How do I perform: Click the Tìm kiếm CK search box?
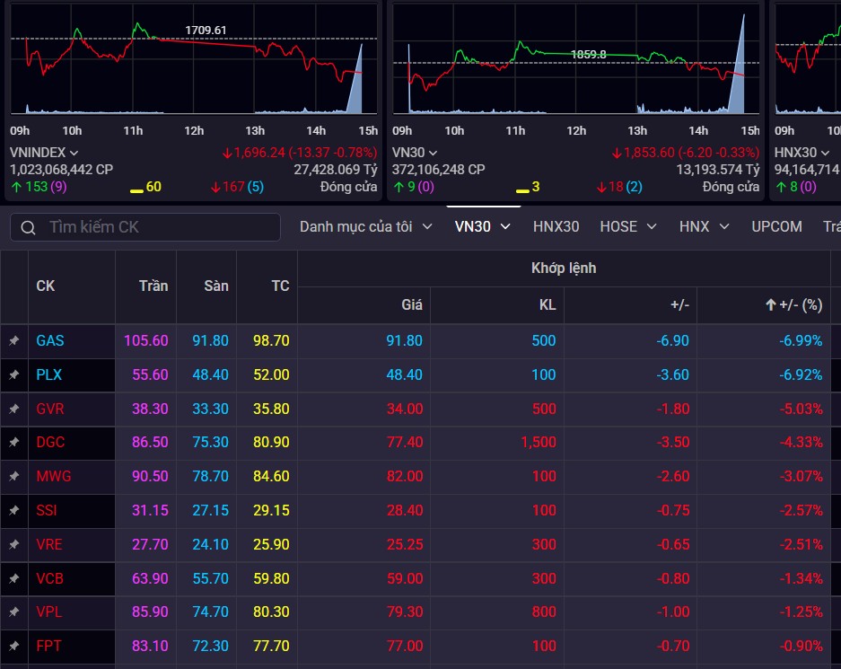145,227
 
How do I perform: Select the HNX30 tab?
556,227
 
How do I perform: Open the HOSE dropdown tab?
628,227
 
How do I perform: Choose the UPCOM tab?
776,227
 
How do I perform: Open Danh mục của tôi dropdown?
366,227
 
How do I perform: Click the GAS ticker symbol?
50,340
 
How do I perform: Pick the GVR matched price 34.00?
405,409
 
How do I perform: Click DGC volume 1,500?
538,442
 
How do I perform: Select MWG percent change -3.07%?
801,477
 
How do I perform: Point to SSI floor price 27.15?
210,510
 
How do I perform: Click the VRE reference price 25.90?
271,544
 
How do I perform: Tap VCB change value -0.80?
673,578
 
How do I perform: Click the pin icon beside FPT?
14,646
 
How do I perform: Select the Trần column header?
153,286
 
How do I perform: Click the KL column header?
548,304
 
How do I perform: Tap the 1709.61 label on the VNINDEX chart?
206,30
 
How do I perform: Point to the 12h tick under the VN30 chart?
576,130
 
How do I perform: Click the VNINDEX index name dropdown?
44,153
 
